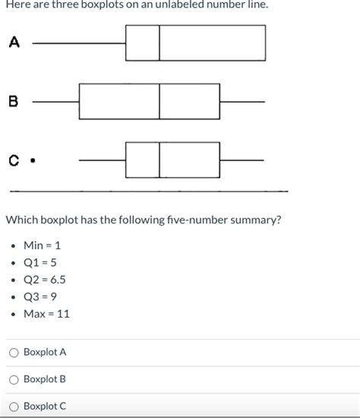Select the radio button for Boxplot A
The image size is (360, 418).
click(14, 353)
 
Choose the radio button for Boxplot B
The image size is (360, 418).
click(14, 379)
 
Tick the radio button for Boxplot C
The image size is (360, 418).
click(14, 406)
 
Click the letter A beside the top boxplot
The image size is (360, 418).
click(14, 43)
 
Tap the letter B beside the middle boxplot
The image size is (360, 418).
click(14, 102)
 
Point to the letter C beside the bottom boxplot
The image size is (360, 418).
click(14, 160)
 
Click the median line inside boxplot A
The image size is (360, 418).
click(159, 43)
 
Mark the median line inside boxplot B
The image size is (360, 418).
click(159, 101)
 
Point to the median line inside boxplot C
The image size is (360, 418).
click(159, 160)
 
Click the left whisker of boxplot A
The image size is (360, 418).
click(79, 43)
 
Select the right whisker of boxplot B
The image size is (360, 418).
click(242, 101)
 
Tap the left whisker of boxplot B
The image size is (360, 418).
click(55, 101)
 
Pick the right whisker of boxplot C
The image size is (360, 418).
click(242, 160)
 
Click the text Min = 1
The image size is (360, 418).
click(42, 246)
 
